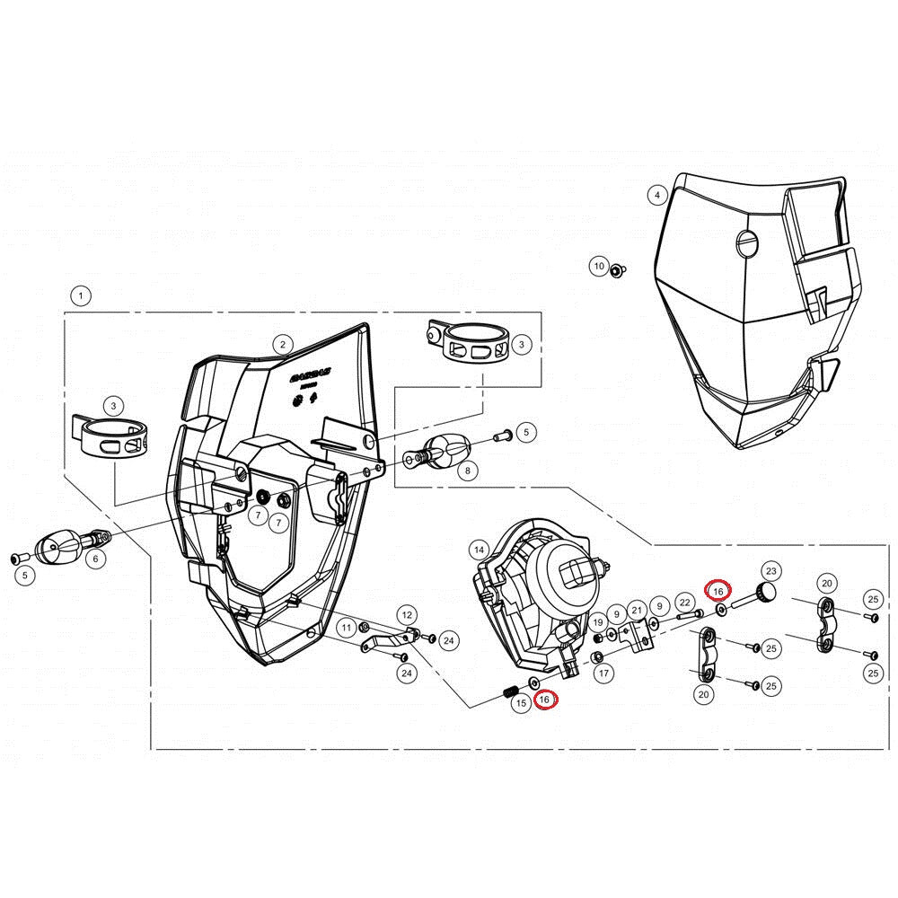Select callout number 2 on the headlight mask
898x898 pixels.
(x=283, y=344)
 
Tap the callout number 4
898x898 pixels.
(x=657, y=195)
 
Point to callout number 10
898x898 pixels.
(x=599, y=266)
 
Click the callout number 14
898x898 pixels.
(x=479, y=550)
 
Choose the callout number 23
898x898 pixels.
(x=770, y=570)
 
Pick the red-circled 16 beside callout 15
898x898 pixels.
(x=545, y=699)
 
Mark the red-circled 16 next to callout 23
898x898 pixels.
(x=718, y=590)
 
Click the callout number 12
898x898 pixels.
(x=407, y=615)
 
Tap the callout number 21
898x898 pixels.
(x=637, y=611)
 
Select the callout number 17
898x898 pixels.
(x=603, y=673)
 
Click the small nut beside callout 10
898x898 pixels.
(x=617, y=269)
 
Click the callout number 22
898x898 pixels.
(x=684, y=602)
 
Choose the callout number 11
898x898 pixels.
(x=346, y=627)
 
